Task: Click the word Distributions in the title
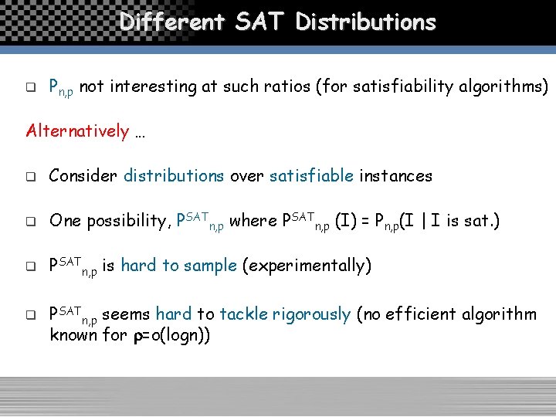(x=366, y=22)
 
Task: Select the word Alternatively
(x=77, y=131)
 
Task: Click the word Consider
(x=83, y=176)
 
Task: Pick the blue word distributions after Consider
(x=174, y=176)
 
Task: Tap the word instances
(x=395, y=176)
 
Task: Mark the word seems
(x=126, y=314)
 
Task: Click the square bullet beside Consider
(x=31, y=177)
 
